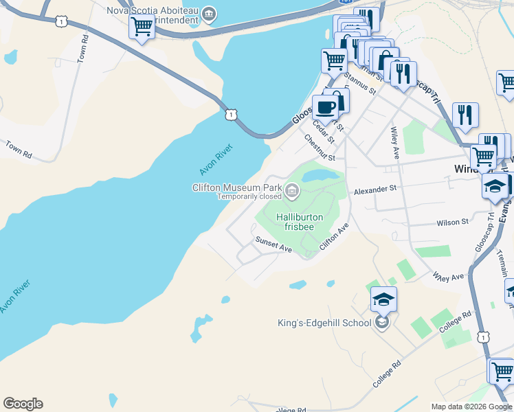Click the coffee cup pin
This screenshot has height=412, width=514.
click(325, 107)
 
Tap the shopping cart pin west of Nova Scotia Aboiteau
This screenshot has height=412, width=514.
click(142, 27)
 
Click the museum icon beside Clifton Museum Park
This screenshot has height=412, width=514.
click(292, 191)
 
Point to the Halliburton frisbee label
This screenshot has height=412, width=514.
click(300, 222)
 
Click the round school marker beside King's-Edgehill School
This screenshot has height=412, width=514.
click(383, 322)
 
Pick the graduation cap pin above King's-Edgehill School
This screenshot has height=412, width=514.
click(383, 299)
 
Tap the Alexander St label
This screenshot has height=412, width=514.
click(375, 187)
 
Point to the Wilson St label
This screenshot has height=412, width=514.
click(453, 222)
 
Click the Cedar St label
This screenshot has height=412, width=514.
click(323, 130)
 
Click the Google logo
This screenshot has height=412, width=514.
click(23, 404)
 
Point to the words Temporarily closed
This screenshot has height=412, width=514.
click(249, 196)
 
